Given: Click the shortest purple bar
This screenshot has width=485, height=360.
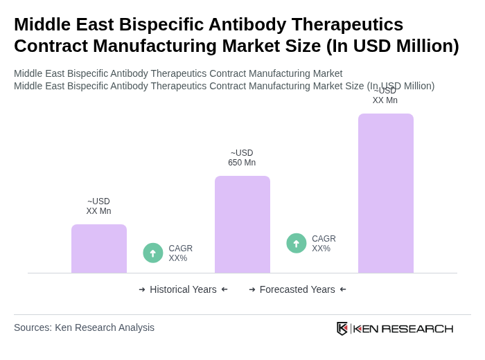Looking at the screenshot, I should point(99,249).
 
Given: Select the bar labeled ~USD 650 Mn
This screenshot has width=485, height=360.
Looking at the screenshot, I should point(242,224).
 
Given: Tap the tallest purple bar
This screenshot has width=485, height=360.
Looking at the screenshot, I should point(386,193).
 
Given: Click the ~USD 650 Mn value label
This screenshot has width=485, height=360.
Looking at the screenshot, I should point(242,158).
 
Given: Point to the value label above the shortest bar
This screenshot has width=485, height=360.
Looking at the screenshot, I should point(98,206).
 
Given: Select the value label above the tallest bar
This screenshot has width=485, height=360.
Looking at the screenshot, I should point(385,96).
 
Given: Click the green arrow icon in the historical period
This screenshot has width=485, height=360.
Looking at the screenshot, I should point(153,253).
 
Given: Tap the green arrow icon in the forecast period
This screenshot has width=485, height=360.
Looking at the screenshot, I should point(297,243).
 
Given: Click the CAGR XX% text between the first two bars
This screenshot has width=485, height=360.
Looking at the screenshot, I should point(180,253).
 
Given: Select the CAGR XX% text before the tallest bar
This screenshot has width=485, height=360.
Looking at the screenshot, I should point(324,244).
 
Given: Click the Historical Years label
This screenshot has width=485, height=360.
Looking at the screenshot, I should point(183,289).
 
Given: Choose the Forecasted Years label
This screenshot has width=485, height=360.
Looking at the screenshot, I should point(297,289).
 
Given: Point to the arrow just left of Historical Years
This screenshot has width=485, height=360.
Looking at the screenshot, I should point(142,289).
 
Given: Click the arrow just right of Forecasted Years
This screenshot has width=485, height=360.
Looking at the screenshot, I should point(343,289).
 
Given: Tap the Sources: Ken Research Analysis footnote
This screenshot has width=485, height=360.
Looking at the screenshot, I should point(84,327).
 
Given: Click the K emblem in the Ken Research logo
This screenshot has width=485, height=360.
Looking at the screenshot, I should point(342,328).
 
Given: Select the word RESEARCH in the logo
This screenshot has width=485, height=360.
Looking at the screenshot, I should point(417,328).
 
